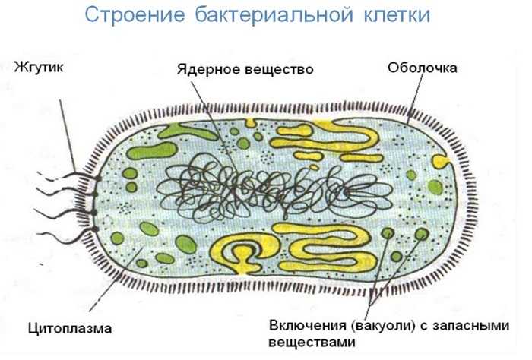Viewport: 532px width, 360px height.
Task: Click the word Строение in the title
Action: [135, 15]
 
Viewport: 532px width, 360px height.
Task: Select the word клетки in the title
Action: [397, 14]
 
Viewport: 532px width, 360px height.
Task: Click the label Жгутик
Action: [39, 67]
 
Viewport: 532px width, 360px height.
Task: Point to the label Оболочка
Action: [423, 68]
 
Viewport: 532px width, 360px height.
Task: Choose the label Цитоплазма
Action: [70, 328]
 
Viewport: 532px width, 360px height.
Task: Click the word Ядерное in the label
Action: [207, 69]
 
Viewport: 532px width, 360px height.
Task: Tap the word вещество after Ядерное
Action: [278, 69]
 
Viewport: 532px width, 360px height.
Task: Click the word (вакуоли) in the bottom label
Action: [384, 326]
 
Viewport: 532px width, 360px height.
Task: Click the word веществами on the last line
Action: [312, 342]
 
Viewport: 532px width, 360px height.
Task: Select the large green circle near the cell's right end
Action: [435, 188]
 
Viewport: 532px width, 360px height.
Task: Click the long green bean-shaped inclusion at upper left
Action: [152, 151]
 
